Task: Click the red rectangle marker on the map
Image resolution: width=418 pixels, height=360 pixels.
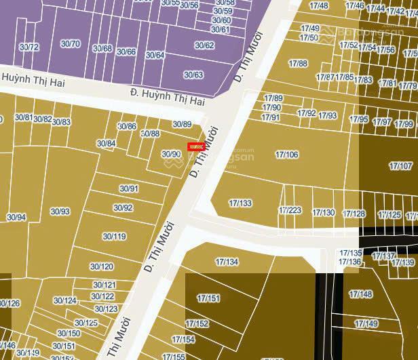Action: point(196,146)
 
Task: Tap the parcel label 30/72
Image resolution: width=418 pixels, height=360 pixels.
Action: point(29,47)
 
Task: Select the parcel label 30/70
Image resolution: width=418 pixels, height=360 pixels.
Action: point(70,44)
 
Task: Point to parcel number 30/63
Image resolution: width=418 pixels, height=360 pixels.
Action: point(193,75)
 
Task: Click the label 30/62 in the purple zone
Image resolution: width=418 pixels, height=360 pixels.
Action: point(204,45)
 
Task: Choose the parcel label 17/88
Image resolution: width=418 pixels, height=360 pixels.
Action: point(298,63)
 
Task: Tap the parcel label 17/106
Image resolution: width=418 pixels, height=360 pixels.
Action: point(287,155)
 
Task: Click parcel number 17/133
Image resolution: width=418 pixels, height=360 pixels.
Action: point(240,203)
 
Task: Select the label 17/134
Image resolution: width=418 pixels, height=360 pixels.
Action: point(227,262)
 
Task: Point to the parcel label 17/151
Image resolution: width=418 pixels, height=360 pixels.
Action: point(208,298)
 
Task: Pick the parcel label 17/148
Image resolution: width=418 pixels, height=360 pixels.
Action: point(360,294)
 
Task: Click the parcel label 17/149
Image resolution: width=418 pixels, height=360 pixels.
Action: point(366,323)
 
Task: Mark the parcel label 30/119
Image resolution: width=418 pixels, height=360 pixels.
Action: point(114,237)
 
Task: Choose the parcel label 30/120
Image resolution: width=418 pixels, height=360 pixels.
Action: point(102,267)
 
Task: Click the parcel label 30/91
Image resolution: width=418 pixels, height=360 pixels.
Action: point(129,188)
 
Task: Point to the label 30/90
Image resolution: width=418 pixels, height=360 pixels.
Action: point(171,154)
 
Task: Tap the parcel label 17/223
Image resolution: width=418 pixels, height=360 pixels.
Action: point(290,210)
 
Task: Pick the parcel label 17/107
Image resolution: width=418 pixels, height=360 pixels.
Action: point(401,166)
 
